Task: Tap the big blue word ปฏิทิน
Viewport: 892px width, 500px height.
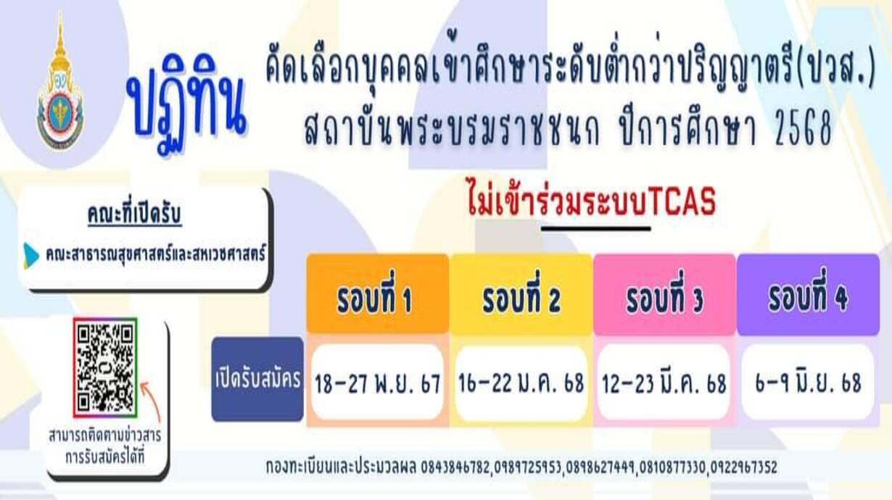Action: pos(186,104)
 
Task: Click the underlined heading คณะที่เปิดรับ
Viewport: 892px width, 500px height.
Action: pos(135,214)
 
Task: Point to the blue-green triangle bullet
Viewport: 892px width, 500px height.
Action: pos(31,256)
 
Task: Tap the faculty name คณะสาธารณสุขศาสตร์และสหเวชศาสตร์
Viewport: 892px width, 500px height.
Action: pos(156,254)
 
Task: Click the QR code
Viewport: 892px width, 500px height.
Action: pos(105,367)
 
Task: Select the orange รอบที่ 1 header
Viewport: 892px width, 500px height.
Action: pos(378,293)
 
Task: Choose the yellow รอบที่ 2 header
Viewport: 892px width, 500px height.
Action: pos(521,293)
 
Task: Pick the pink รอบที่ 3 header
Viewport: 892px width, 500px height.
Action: pos(664,293)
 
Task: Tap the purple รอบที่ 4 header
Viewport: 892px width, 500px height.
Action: pos(808,293)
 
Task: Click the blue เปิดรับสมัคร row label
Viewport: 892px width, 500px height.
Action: pos(257,379)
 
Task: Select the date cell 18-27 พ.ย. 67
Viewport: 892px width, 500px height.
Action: pos(378,383)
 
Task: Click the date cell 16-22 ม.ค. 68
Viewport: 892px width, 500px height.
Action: pos(521,383)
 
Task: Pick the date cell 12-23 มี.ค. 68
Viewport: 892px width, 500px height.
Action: pos(664,383)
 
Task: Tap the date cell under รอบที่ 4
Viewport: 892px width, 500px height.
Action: pos(808,383)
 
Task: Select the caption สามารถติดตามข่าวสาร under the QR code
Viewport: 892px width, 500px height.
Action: pos(105,436)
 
